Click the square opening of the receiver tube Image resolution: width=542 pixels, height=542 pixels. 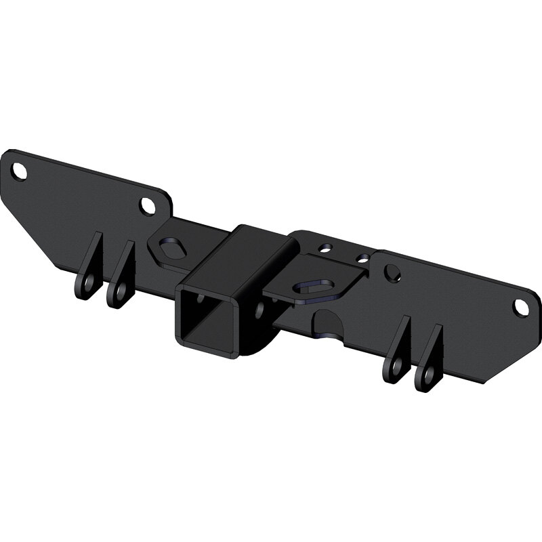pyautogui.click(x=204, y=322)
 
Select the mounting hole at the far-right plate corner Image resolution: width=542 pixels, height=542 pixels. pyautogui.click(x=520, y=307)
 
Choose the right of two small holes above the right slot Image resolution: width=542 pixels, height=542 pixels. pyautogui.click(x=364, y=258)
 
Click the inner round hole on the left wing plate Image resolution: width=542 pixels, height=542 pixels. pyautogui.click(x=147, y=205)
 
